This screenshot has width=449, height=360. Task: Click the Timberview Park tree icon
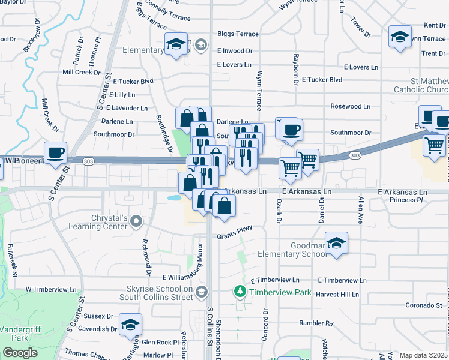[x=240, y=292]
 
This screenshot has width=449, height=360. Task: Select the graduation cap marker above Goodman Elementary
[x=337, y=244]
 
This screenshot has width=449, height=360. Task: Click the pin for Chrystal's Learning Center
[x=136, y=222]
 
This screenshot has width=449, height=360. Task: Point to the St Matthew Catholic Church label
[x=421, y=85]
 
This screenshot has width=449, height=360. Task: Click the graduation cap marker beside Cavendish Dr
[x=130, y=325]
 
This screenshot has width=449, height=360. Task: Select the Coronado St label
[x=423, y=305]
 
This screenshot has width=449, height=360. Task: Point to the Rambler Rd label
[x=316, y=323]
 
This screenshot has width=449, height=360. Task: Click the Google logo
[x=20, y=353]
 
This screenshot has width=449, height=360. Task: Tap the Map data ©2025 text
[x=423, y=355]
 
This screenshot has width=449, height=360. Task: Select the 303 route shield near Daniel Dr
[x=354, y=155]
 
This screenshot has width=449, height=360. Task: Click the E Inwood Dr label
[x=235, y=51]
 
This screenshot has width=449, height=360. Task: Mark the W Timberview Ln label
[x=52, y=289]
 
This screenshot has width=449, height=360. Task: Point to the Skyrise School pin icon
[x=202, y=292]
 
